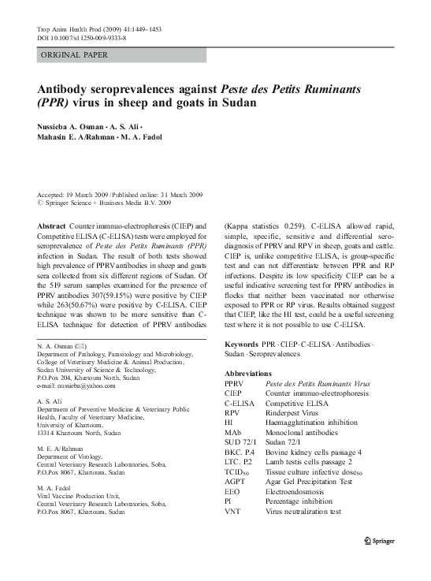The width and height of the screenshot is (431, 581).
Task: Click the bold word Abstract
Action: [x=51, y=225]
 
